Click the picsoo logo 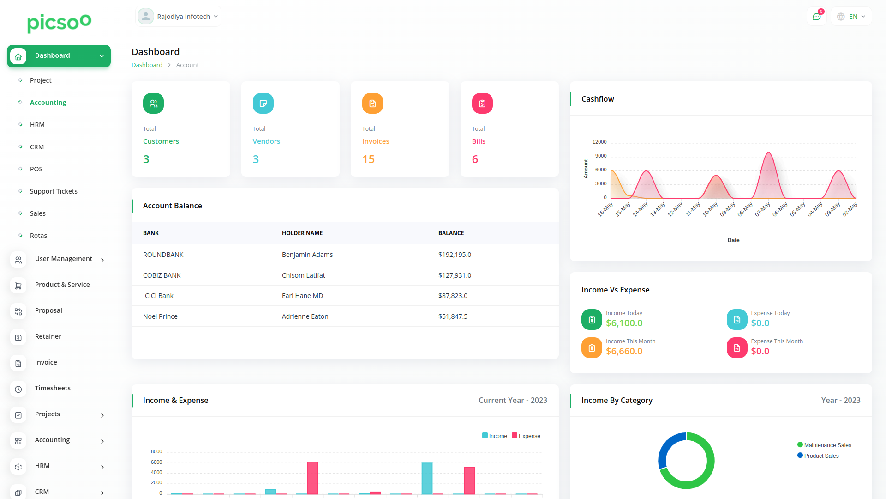point(59,23)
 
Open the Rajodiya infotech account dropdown point(179,17)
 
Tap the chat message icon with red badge point(816,17)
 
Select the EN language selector point(851,17)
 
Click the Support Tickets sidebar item point(54,191)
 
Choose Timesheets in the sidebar point(53,388)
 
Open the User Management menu point(64,259)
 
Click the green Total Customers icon point(153,103)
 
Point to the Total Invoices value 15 point(368,159)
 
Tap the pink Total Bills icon point(482,103)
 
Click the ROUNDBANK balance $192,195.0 point(455,255)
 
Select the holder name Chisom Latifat point(303,275)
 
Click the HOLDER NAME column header point(302,233)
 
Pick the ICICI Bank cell point(158,296)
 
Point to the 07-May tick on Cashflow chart point(763,209)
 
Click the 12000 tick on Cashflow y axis point(599,142)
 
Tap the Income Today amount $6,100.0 point(624,323)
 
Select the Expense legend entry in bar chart point(526,436)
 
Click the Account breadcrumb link point(187,65)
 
